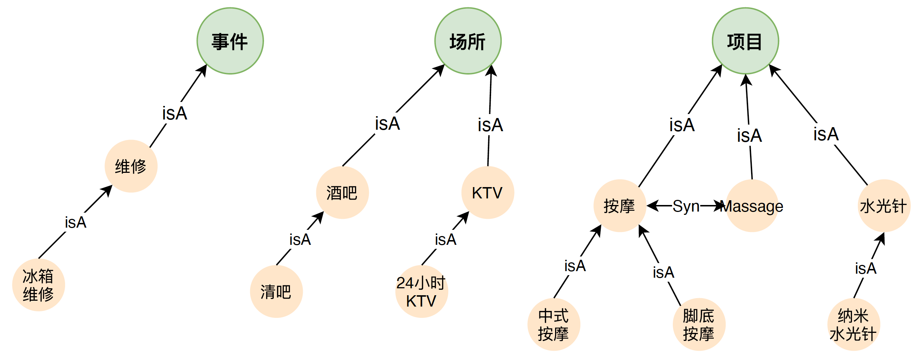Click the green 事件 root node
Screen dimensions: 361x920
click(x=230, y=41)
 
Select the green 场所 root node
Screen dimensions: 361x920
click(x=468, y=41)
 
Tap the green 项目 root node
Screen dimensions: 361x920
click(x=745, y=41)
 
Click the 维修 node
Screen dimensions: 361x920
click(x=131, y=166)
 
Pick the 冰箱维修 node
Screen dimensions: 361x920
click(x=38, y=285)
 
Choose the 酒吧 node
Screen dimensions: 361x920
click(x=342, y=193)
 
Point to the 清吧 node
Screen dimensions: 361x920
click(x=276, y=292)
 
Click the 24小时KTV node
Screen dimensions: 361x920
click(x=421, y=292)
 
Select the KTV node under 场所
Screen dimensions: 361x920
click(x=487, y=193)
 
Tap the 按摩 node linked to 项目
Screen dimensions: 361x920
click(x=619, y=206)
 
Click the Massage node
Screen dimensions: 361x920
click(x=752, y=206)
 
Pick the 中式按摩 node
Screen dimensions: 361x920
click(x=554, y=324)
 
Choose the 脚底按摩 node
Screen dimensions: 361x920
click(x=699, y=324)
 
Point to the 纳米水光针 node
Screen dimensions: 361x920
click(x=853, y=324)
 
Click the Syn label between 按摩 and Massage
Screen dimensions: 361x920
click(x=686, y=206)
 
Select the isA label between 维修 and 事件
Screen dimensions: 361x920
click(x=175, y=113)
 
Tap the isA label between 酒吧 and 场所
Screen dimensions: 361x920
click(x=388, y=123)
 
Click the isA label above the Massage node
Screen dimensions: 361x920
click(x=749, y=136)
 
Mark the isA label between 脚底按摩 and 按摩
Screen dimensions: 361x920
click(x=663, y=272)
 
